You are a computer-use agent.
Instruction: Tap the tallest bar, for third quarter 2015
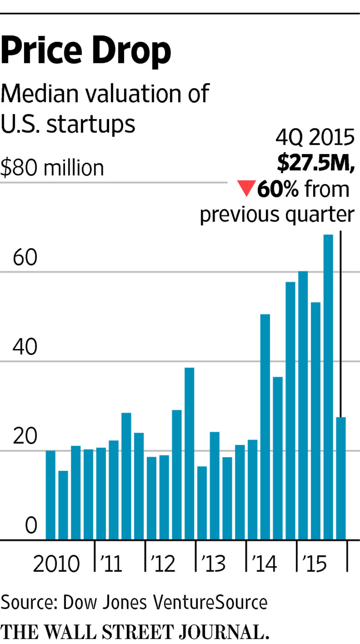(328, 386)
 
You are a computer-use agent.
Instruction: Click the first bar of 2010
(50, 495)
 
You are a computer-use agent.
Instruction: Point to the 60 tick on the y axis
(25, 257)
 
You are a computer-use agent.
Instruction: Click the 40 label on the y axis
(25, 347)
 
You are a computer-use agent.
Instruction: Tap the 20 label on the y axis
(25, 436)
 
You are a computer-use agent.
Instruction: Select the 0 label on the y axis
(31, 525)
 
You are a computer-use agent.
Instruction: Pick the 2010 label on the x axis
(56, 564)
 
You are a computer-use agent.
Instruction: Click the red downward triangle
(246, 188)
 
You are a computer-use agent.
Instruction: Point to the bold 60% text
(278, 189)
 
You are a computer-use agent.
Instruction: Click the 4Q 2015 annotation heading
(315, 138)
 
